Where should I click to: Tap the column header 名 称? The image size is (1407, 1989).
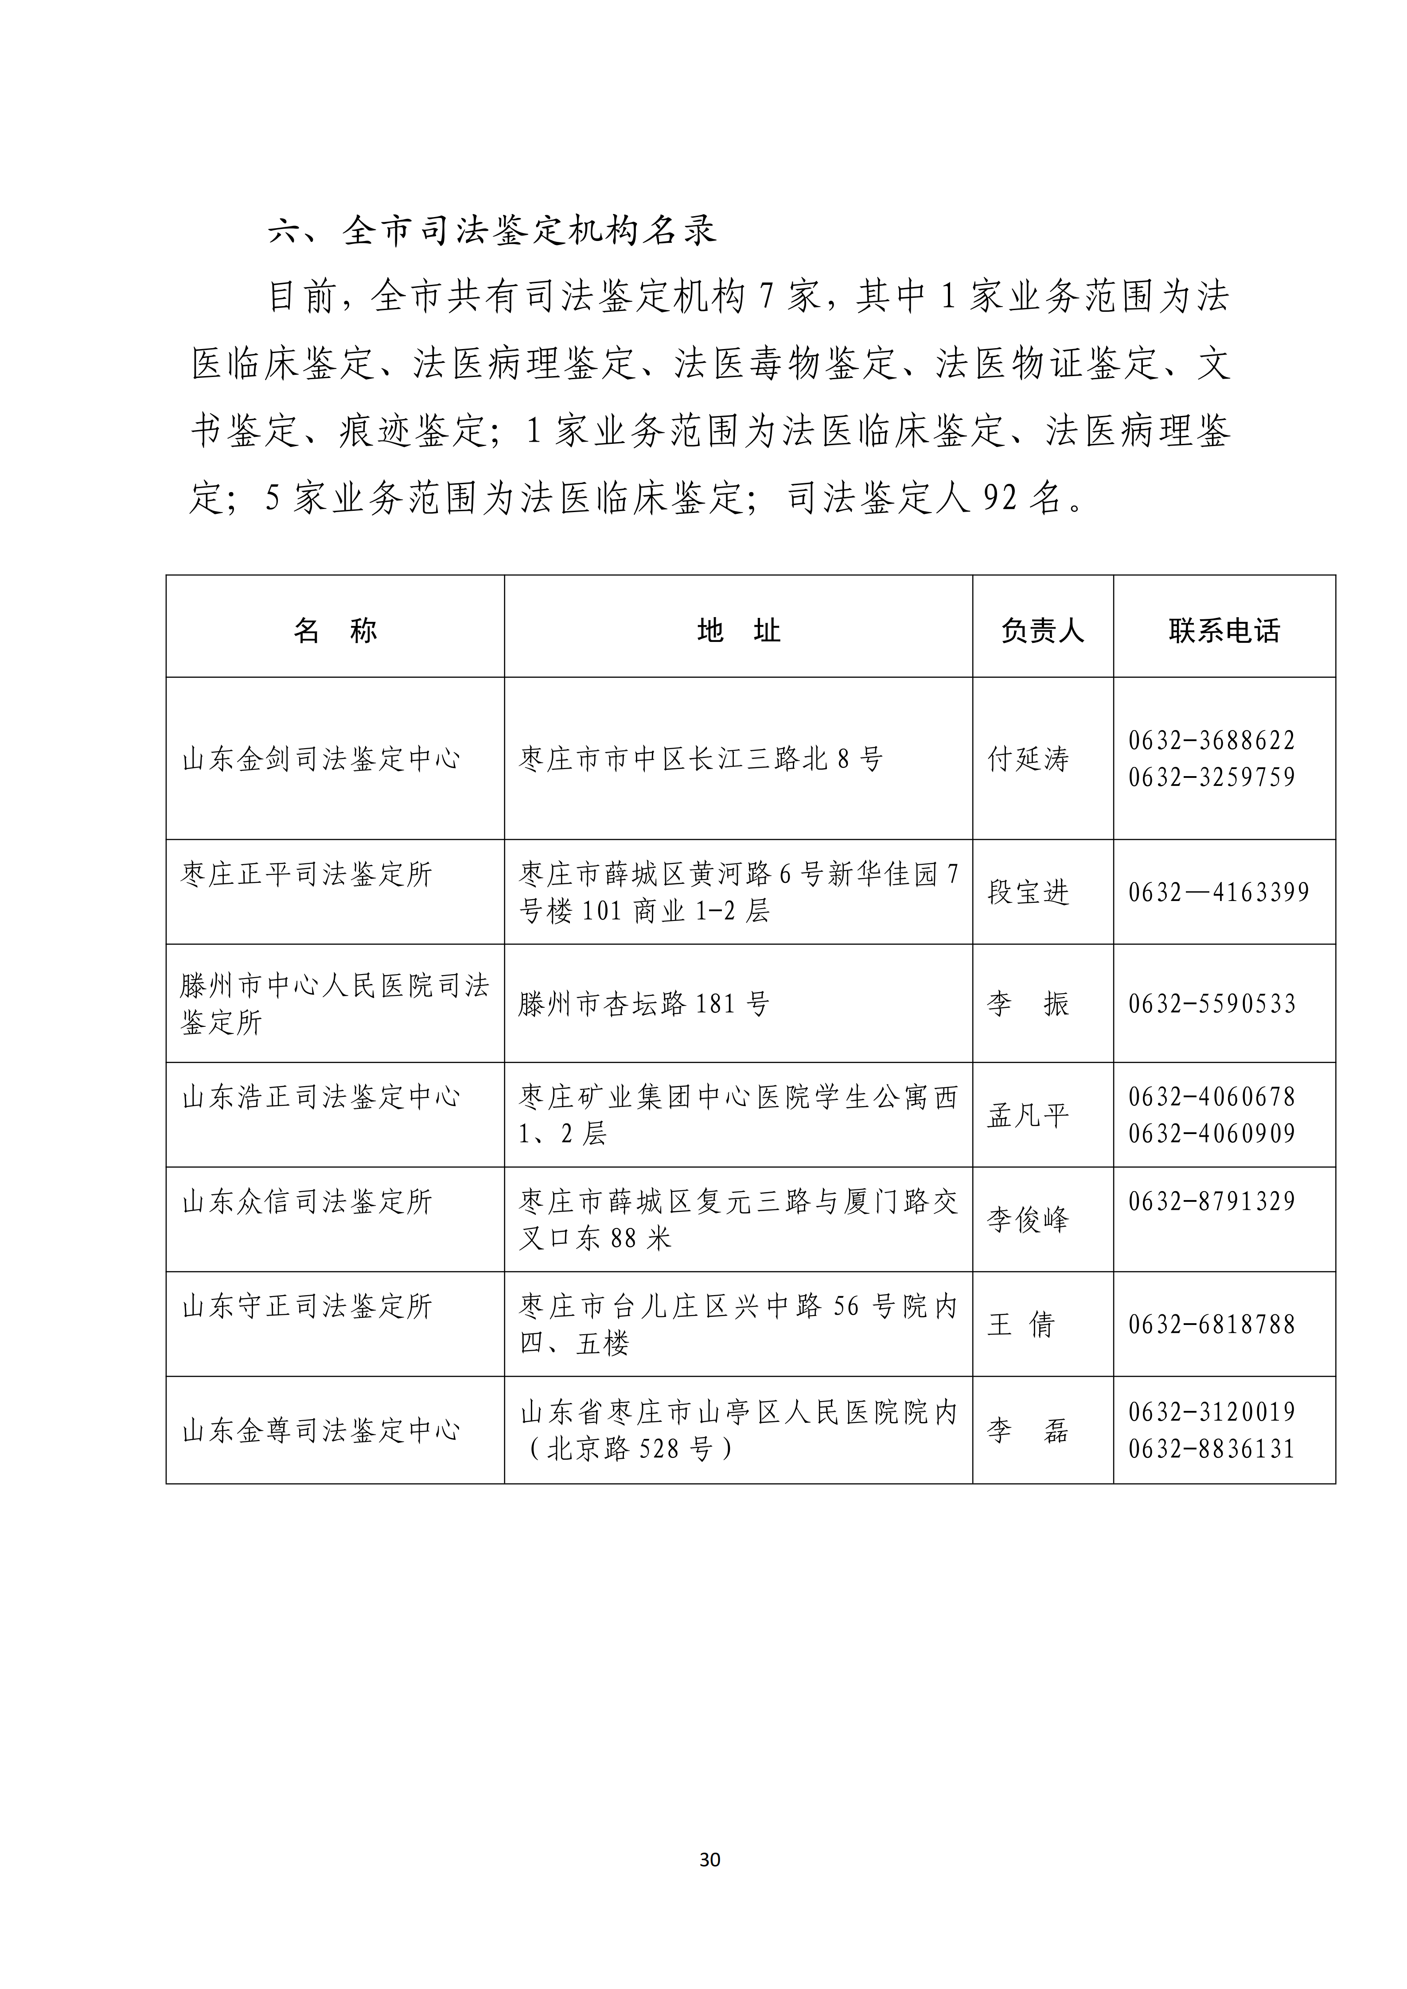335,631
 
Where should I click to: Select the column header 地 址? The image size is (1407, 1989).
738,631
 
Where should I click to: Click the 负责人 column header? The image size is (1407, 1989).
1042,631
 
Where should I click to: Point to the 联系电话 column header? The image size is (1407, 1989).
1224,631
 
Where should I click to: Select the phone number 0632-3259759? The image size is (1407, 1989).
1211,777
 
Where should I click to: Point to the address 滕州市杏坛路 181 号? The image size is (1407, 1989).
644,1004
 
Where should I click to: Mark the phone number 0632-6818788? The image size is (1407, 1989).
1211,1325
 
